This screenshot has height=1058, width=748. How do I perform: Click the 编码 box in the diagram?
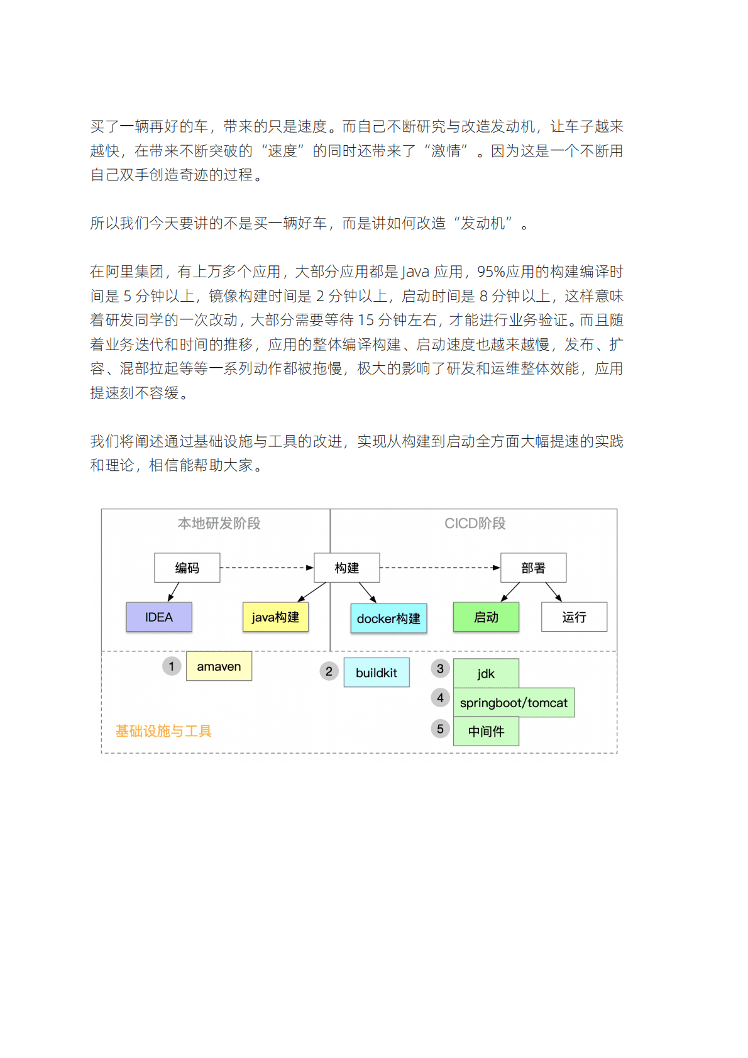coord(187,568)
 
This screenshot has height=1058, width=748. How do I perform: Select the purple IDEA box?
coord(159,617)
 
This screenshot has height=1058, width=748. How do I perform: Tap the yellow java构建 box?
coord(275,617)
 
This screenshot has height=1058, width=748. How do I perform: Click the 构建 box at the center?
coord(346,568)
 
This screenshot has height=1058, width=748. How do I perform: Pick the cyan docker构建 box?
coord(388,618)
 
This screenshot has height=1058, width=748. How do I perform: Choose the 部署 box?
coord(533,568)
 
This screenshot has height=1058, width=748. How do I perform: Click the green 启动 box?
coord(486,617)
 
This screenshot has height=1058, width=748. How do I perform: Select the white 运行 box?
coord(574,617)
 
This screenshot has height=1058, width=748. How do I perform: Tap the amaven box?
coord(219,666)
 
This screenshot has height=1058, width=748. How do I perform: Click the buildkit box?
coord(376,673)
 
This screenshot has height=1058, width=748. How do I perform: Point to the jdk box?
coord(486,673)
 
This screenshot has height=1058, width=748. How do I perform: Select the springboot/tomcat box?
coord(514,703)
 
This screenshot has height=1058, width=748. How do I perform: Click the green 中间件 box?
coord(486,731)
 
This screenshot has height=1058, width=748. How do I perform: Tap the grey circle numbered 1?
coord(172,666)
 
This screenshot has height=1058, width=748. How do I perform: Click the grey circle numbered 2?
coord(329,671)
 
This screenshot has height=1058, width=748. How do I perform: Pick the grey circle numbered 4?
coord(440,698)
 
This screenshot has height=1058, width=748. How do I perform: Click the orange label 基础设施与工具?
coord(163,731)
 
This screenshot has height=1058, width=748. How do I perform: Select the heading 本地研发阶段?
coord(219,523)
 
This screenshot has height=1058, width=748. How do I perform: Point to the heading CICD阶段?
coord(475,523)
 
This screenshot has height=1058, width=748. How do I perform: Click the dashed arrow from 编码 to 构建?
coord(267,568)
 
